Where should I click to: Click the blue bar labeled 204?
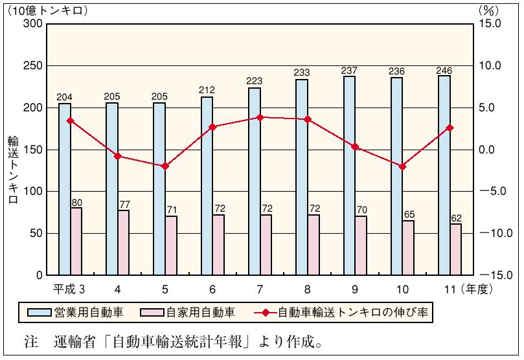[65, 189]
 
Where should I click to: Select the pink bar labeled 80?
[76, 241]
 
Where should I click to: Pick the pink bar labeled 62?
[456, 249]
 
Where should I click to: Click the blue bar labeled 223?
[255, 181]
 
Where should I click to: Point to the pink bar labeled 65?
[408, 248]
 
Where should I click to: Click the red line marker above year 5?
[165, 166]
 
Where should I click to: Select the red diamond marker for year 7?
[260, 117]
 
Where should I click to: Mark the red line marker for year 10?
[402, 166]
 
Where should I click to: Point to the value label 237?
[349, 70]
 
